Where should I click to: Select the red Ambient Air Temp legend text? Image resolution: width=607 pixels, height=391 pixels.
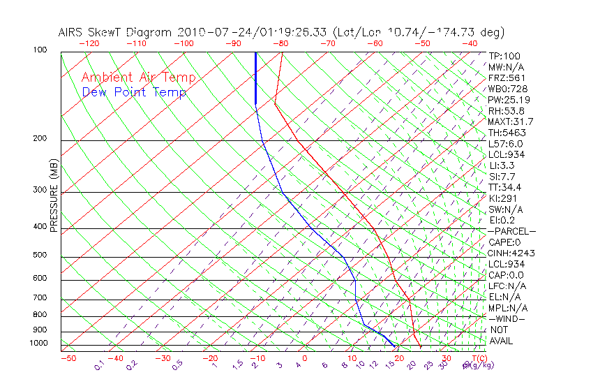(x=138, y=78)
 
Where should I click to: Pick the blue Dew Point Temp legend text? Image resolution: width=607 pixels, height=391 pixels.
(x=134, y=92)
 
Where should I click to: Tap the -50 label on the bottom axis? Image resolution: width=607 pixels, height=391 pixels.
(x=68, y=359)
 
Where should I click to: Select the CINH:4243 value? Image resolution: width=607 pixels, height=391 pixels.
(x=509, y=253)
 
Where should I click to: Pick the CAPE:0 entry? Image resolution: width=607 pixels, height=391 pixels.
(x=504, y=242)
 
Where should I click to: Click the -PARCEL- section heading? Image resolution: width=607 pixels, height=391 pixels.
(x=511, y=231)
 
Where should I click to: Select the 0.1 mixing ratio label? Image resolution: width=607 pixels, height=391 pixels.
(x=99, y=365)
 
